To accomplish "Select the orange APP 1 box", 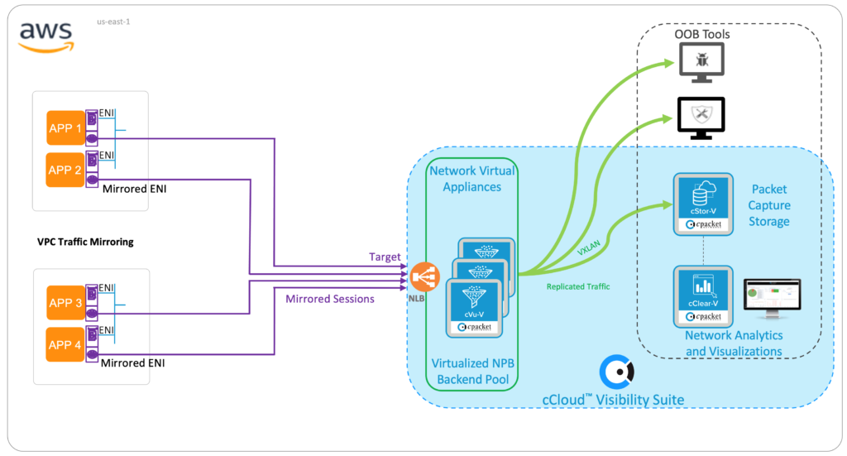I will coord(65,128).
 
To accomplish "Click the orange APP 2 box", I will coord(65,170).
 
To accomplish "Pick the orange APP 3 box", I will coord(65,303).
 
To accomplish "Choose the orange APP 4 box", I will coord(65,345).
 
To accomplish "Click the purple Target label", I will coord(385,257).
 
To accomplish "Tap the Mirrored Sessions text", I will coord(329,299).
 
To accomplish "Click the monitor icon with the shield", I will coord(701,115).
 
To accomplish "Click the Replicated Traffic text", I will coord(579,286).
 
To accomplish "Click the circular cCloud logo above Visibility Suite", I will coord(616,372).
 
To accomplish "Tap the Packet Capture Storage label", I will coord(769,205).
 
